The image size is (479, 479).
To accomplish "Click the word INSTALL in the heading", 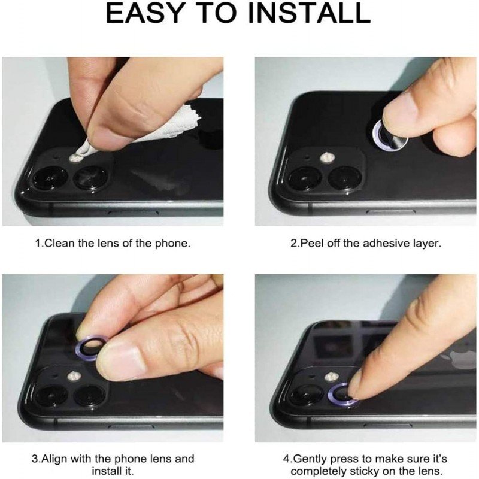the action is [309, 13].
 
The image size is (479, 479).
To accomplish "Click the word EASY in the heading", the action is [144, 13].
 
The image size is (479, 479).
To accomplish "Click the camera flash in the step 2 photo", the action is [327, 157].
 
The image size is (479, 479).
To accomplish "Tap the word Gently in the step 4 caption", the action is [310, 459].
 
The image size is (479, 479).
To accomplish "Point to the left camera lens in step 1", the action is [50, 178].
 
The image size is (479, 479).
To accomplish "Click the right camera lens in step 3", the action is [91, 396].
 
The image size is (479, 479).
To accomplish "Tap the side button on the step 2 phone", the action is [391, 211].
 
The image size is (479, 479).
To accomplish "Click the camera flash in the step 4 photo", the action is [332, 377].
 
